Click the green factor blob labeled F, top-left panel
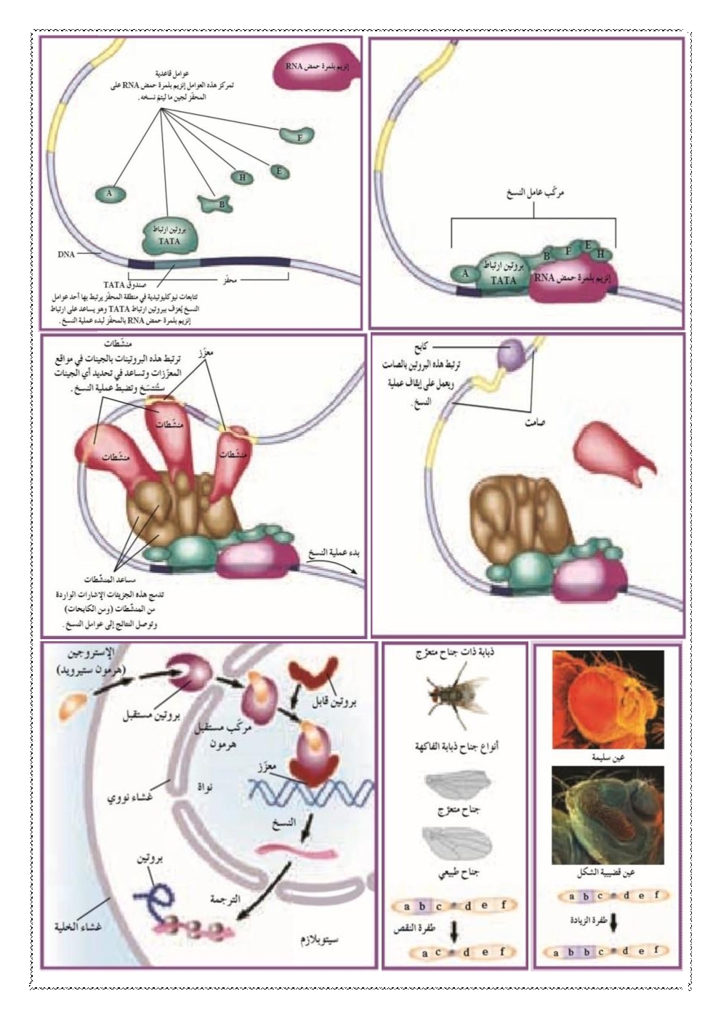[298, 136]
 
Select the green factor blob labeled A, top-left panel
[110, 193]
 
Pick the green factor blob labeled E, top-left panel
[278, 172]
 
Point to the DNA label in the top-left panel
[67, 256]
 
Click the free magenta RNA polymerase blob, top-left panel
[317, 68]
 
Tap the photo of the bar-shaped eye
[608, 814]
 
